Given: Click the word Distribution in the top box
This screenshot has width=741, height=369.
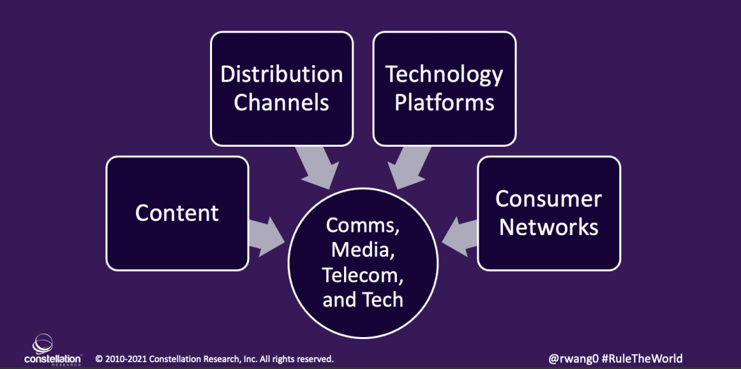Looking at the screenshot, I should pyautogui.click(x=281, y=74).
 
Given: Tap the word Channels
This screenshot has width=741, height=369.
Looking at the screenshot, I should pyautogui.click(x=281, y=103).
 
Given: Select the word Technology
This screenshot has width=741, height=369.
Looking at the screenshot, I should pyautogui.click(x=444, y=74).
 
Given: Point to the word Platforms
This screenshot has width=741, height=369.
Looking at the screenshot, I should pyautogui.click(x=444, y=103).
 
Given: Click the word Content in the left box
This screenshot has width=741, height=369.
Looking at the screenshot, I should pyautogui.click(x=177, y=213).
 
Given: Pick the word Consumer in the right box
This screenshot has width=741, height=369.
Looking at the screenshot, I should pyautogui.click(x=549, y=198).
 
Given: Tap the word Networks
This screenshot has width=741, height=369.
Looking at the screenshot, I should pyautogui.click(x=549, y=227).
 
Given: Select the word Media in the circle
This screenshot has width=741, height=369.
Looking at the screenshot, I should pyautogui.click(x=363, y=249).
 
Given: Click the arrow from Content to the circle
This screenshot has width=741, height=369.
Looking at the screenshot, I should pyautogui.click(x=267, y=231).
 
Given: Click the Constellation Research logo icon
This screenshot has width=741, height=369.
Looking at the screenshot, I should pyautogui.click(x=43, y=343).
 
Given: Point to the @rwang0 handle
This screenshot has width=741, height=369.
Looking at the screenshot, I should pyautogui.click(x=573, y=358).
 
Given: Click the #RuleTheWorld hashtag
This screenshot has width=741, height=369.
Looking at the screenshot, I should pyautogui.click(x=642, y=358).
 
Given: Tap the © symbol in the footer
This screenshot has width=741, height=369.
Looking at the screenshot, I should pyautogui.click(x=99, y=359).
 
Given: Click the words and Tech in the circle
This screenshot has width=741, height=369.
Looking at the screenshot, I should pyautogui.click(x=363, y=300).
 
